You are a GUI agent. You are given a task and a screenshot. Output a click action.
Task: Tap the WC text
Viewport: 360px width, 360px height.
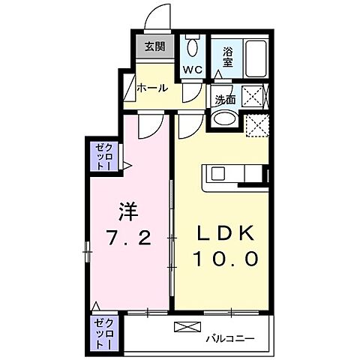coord(193,70)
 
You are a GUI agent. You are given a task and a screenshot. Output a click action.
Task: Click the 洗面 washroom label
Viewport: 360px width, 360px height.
coord(225,99)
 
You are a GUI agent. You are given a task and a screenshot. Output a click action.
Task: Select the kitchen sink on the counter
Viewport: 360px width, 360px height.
coord(217,173)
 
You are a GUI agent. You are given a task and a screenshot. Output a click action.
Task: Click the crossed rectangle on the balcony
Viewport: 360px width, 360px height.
coord(187,327)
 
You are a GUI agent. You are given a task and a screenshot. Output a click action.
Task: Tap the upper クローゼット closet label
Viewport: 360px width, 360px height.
coord(103,157)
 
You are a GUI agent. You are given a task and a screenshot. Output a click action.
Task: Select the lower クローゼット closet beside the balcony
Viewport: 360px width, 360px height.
coord(103,334)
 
